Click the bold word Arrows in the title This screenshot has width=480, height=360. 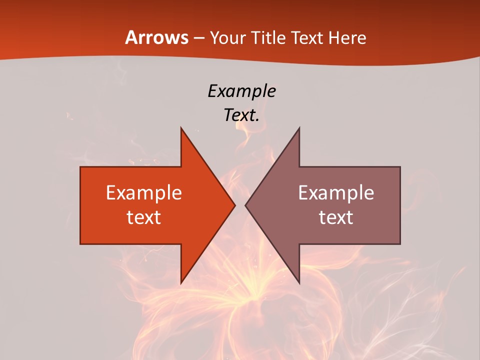pos(156,37)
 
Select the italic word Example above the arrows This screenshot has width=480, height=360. pos(241,91)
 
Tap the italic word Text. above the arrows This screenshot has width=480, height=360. pos(241,115)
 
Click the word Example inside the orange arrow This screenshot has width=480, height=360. pos(144,193)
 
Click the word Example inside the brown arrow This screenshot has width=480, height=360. pos(336,193)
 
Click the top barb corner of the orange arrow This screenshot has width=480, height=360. pos(181,128)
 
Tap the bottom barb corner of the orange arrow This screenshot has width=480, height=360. pos(181,282)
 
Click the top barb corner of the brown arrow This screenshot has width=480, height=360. pos(299,128)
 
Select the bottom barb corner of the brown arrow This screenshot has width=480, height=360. pos(299,282)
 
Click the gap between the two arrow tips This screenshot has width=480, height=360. pos(240,205)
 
